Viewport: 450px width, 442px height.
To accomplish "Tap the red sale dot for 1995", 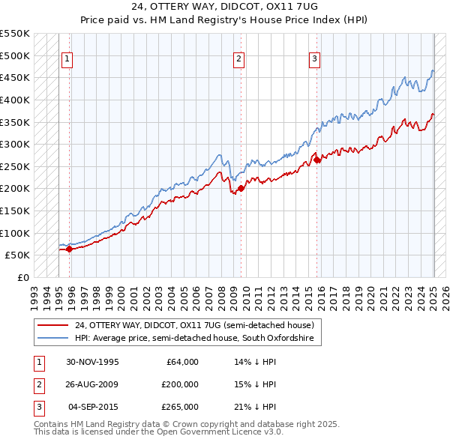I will tap(69, 249).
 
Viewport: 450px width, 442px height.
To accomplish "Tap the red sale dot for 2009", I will tap(241, 189).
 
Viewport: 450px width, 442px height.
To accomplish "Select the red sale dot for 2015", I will tap(316, 160).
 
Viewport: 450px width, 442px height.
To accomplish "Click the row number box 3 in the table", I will tap(37, 407).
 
